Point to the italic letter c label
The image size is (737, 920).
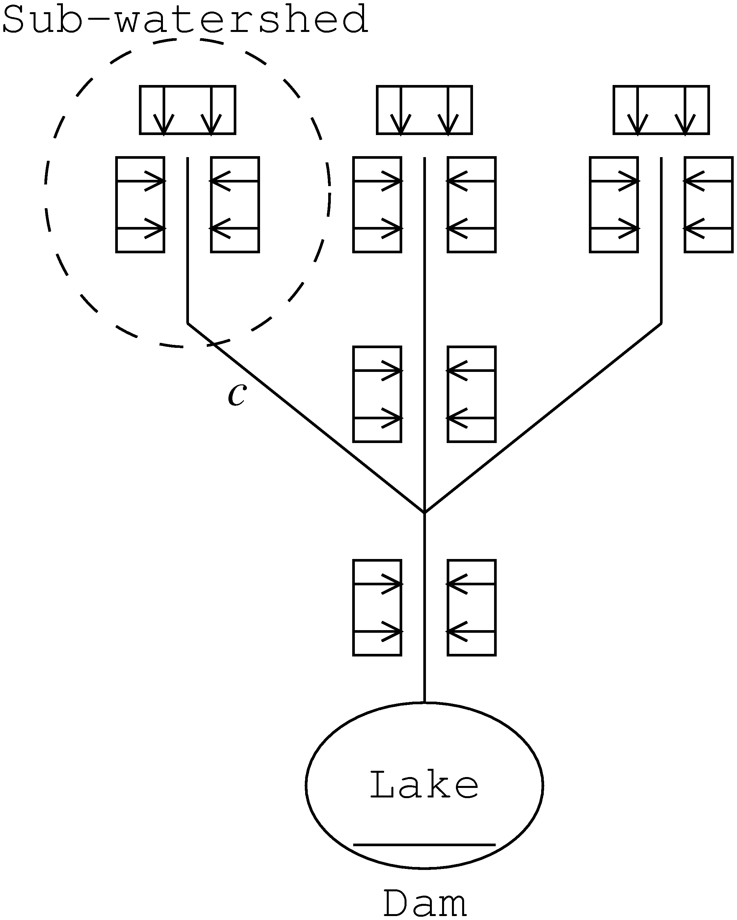click(237, 394)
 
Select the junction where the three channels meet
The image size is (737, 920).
click(424, 512)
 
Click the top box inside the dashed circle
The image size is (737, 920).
click(188, 110)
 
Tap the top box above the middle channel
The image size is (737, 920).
click(424, 110)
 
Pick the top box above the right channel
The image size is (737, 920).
click(661, 110)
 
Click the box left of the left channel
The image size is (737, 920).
click(140, 205)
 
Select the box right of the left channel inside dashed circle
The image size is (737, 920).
click(235, 205)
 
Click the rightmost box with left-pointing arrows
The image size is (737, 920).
click(708, 205)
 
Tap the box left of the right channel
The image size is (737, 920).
click(614, 205)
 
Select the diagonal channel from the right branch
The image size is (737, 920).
click(542, 418)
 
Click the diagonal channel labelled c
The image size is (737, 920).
click(306, 418)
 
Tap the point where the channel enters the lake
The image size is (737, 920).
click(424, 702)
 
